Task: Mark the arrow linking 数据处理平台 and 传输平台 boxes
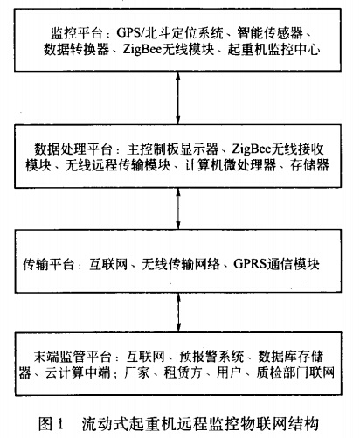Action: point(180,206)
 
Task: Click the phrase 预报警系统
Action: point(205,356)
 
